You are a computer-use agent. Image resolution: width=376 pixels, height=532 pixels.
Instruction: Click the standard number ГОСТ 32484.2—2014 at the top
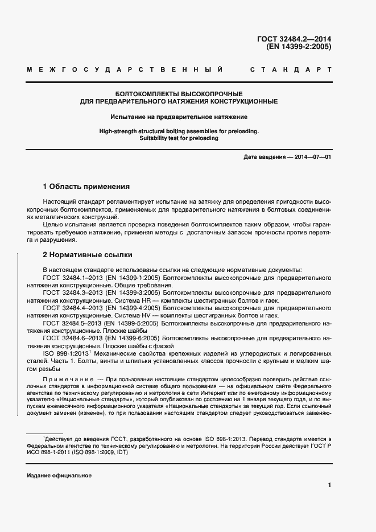point(294,39)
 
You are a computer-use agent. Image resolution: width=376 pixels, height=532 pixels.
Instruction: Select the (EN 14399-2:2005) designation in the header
point(298,47)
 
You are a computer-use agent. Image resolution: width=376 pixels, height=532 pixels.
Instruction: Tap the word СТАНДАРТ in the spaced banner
point(291,69)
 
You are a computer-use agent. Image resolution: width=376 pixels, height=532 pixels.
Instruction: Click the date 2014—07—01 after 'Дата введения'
point(313,156)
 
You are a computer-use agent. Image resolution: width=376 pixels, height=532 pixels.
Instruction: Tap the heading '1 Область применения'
point(86,186)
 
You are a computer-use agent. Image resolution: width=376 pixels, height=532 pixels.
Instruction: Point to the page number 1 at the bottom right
point(330,485)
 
